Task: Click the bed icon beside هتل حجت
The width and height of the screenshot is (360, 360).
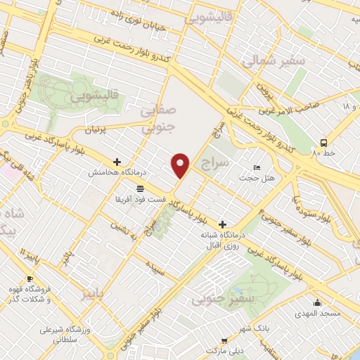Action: (257, 167)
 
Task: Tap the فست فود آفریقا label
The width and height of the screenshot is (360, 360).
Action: (141, 200)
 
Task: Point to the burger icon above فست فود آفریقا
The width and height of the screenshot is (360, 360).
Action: (141, 188)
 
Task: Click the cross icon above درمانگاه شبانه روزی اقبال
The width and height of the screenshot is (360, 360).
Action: (223, 224)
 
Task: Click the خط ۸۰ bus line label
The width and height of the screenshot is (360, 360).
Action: (326, 152)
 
